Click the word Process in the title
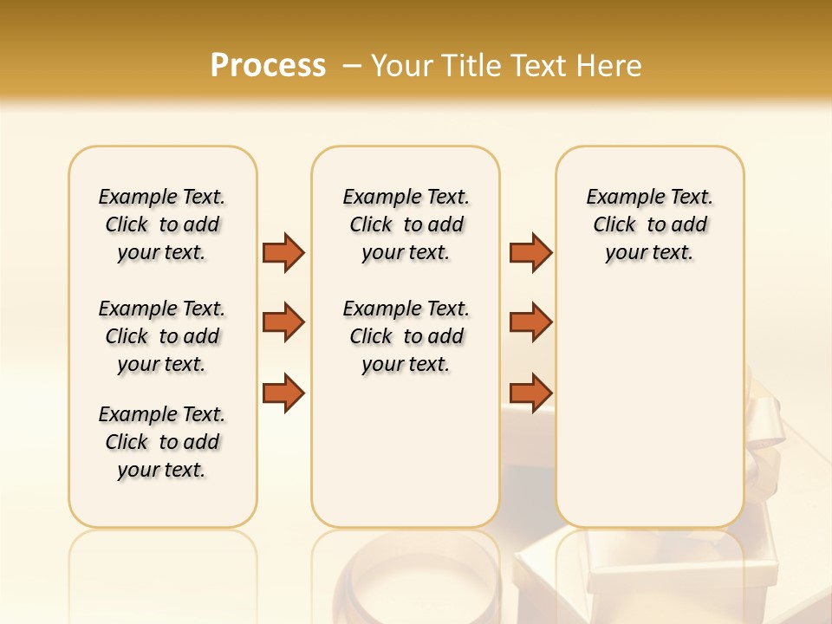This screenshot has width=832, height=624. (268, 66)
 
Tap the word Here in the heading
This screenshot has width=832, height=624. (611, 66)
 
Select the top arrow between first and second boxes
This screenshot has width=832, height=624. (283, 252)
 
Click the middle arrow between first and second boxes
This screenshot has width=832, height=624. (283, 322)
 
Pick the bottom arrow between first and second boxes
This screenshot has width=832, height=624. (283, 393)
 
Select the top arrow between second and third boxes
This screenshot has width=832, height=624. (530, 252)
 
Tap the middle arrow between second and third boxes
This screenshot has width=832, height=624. (530, 322)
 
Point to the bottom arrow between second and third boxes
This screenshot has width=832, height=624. (530, 393)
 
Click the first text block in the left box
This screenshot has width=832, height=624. (162, 224)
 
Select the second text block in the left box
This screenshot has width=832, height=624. (162, 336)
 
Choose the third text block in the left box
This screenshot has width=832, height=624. (162, 442)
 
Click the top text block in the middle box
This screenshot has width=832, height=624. (406, 224)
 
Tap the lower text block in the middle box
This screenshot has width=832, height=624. (406, 336)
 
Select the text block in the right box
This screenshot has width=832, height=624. (649, 224)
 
